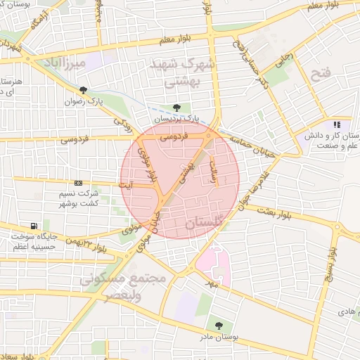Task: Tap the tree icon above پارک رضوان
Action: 84,90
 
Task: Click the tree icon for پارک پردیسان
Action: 176,107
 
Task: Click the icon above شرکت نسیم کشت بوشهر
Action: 77,183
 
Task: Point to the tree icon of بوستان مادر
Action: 219,326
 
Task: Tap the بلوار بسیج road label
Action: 331,267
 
